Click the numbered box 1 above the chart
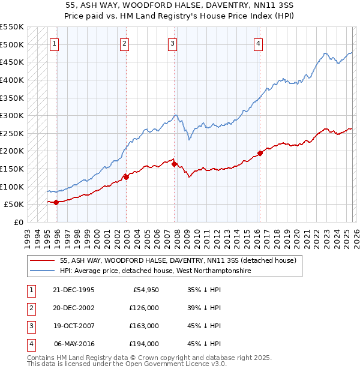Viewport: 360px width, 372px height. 55,43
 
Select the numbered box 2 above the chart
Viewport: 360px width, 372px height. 124,43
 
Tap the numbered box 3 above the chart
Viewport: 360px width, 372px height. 172,43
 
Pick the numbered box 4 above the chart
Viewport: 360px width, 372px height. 257,43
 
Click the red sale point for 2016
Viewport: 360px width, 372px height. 260,153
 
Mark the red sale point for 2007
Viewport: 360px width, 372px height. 174,164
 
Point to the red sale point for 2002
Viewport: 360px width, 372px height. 126,177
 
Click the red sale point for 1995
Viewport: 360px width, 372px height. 56,202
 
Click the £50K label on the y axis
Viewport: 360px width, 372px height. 14,205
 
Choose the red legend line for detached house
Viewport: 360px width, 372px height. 42,261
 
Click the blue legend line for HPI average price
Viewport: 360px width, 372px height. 42,271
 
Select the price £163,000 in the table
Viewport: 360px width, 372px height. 144,326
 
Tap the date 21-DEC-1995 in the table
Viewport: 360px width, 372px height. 74,290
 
